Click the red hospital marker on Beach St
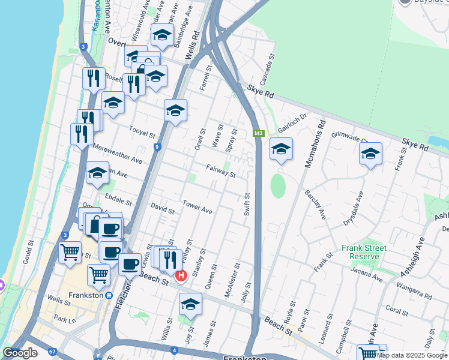[x=181, y=275]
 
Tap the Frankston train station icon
[x=109, y=295]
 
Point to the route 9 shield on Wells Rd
[x=157, y=146]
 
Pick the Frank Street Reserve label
[x=364, y=252]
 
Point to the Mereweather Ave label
[x=118, y=156]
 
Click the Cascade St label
[x=266, y=71]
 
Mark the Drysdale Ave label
[x=354, y=208]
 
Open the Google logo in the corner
[x=20, y=353]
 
